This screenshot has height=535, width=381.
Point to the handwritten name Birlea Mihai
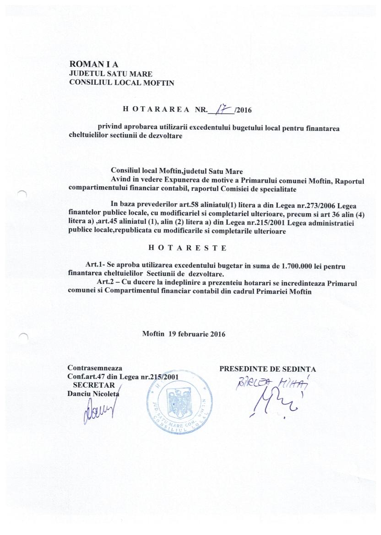coord(270,383)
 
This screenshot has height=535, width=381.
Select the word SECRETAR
coord(97,385)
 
